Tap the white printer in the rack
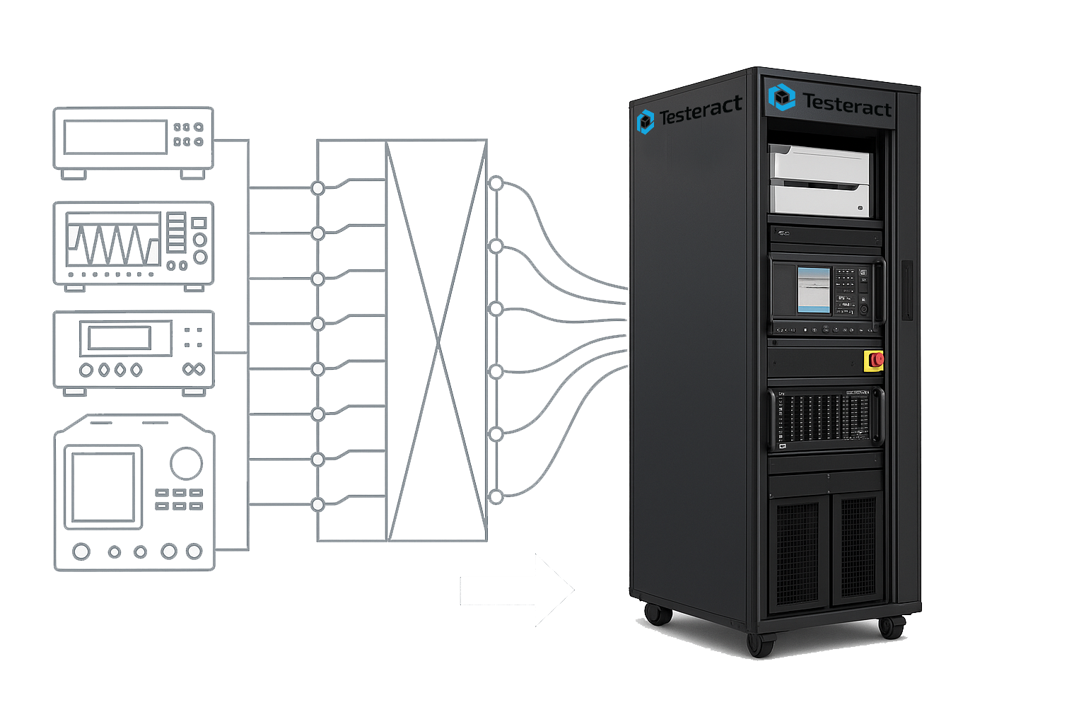tap(820, 180)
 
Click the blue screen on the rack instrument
tap(813, 289)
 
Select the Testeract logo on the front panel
tap(782, 98)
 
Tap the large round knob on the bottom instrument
tap(186, 463)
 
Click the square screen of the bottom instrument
tap(103, 487)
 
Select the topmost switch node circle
tap(318, 188)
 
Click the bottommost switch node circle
tap(318, 505)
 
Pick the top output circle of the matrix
tap(496, 183)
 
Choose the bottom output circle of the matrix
tap(496, 497)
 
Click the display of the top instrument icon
tap(115, 137)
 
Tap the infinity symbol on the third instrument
tap(193, 369)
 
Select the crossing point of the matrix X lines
tap(438, 343)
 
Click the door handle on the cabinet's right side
tap(906, 291)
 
